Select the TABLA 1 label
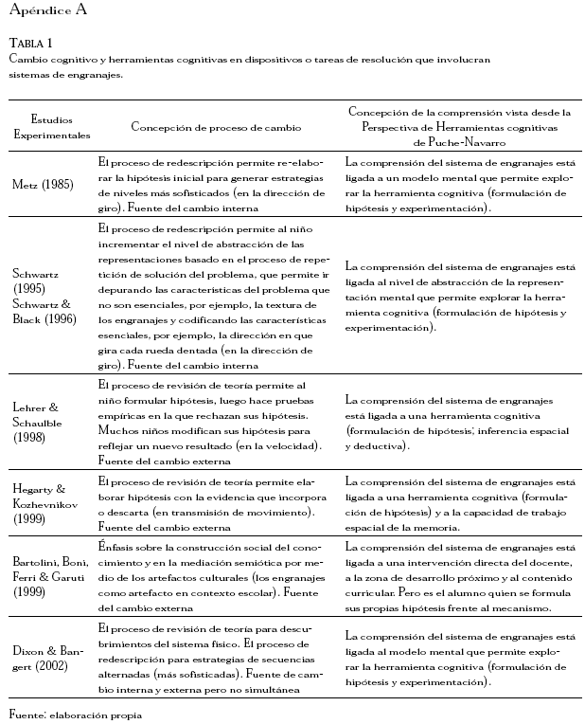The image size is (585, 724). [30, 44]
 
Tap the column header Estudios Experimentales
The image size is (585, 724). [51, 127]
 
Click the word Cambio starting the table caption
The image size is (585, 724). [27, 59]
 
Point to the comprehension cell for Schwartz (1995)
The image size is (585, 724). [459, 296]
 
